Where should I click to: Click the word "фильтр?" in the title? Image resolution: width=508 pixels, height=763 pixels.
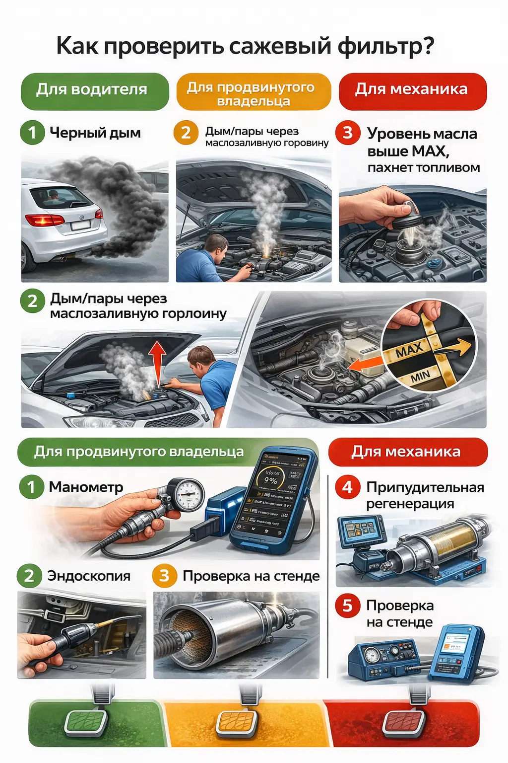(386, 46)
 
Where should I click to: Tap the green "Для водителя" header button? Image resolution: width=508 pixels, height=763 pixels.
(94, 90)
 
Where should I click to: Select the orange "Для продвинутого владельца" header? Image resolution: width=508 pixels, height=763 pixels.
(253, 92)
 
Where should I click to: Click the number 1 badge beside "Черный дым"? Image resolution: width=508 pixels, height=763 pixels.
(32, 133)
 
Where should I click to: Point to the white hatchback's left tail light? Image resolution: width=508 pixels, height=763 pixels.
(44, 220)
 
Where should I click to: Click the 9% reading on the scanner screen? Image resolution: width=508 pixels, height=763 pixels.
(270, 481)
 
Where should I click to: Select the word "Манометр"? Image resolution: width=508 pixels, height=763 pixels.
(86, 487)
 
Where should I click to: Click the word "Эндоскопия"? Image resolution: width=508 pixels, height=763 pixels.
(89, 576)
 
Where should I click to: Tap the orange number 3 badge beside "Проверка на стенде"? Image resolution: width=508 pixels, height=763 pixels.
(164, 576)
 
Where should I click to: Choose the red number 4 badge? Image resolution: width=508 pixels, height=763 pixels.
(347, 487)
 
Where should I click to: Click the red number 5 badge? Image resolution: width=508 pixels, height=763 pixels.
(347, 606)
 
